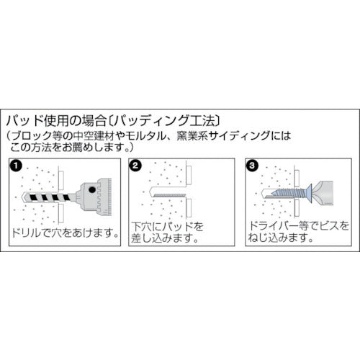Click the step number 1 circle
pyautogui.click(x=16, y=166)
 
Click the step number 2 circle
pyautogui.click(x=135, y=166)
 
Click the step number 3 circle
pyautogui.click(x=252, y=166)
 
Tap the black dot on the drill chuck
pyautogui.click(x=91, y=190)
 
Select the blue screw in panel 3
pyautogui.click(x=291, y=192)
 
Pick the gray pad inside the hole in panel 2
pyautogui.click(x=169, y=195)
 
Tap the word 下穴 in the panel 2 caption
pyautogui.click(x=141, y=227)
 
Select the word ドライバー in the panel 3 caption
pyautogui.click(x=273, y=226)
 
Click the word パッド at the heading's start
pyautogui.click(x=24, y=121)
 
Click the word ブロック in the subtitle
pyautogui.click(x=32, y=136)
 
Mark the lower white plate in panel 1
pyautogui.click(x=61, y=212)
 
